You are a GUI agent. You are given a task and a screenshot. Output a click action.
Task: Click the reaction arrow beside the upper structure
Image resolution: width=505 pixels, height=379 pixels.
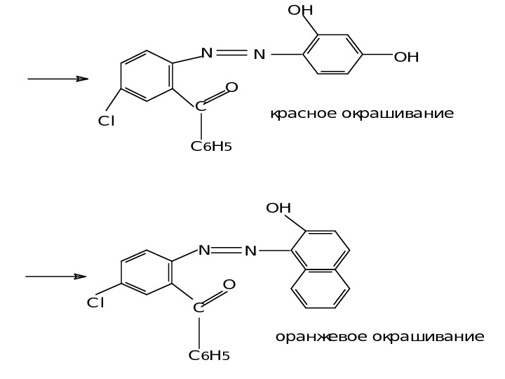(58, 79)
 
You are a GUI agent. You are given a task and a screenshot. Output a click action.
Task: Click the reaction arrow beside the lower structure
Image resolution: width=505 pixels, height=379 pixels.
(56, 277)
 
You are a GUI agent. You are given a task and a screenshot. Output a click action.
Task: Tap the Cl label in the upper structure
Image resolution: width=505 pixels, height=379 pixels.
(107, 121)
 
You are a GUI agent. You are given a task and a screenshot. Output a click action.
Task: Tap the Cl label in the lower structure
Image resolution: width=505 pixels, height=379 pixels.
(95, 303)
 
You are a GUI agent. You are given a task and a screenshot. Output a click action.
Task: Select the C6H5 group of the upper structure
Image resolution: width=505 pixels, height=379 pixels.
(211, 147)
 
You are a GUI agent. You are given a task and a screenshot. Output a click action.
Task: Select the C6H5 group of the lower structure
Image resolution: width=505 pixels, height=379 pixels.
(209, 355)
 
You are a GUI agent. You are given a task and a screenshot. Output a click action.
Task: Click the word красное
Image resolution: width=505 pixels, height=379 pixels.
(303, 114)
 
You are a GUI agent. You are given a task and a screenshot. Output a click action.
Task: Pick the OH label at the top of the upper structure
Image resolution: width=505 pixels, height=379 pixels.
(300, 11)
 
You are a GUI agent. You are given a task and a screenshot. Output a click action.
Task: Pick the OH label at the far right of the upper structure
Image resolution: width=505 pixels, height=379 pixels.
(406, 57)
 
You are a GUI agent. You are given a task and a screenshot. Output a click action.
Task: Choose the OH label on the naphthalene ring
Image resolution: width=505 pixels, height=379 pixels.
(278, 208)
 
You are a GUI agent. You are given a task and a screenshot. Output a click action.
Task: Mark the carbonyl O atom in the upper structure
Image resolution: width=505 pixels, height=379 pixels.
(232, 88)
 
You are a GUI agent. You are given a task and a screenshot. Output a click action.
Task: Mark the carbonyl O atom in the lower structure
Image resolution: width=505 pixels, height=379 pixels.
(229, 285)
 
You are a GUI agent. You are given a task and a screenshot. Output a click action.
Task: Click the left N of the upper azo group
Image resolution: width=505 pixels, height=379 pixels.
(207, 53)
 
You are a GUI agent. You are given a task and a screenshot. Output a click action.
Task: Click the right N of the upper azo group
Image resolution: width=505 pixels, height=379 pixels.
(260, 54)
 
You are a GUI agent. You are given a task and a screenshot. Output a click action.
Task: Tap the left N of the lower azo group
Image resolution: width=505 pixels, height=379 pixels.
(204, 250)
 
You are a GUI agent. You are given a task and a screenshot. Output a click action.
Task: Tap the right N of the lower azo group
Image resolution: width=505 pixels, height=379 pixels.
(250, 251)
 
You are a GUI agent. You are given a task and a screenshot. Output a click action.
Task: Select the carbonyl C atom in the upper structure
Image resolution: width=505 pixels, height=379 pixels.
(201, 107)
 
